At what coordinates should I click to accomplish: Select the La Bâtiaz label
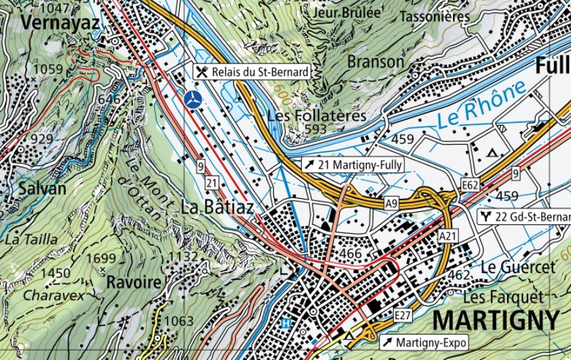217,206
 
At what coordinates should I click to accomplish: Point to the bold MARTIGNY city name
495,320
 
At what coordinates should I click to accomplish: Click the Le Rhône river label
482,104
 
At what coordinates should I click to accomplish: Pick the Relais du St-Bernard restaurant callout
252,71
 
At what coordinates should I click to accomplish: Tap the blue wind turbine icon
192,101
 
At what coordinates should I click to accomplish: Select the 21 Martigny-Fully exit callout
352,165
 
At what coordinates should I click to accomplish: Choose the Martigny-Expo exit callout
425,342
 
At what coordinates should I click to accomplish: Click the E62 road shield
470,186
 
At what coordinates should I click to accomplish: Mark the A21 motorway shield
447,236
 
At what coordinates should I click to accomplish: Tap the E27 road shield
403,317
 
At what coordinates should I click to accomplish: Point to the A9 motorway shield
392,204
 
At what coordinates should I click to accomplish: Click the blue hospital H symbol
286,323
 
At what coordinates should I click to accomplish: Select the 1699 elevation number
101,257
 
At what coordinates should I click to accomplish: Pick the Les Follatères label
317,115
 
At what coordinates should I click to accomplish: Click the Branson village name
375,61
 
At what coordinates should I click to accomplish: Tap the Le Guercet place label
518,267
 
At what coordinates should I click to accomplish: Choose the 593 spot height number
315,129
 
